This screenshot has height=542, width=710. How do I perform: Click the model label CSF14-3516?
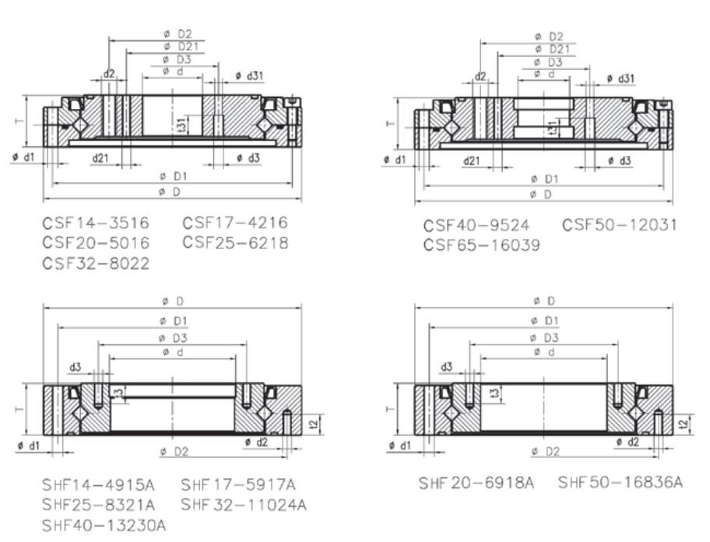[x=96, y=223]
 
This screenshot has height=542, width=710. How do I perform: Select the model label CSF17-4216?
[x=235, y=222]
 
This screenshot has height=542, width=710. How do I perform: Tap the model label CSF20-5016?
[x=96, y=243]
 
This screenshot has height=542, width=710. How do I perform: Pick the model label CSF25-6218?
[x=235, y=243]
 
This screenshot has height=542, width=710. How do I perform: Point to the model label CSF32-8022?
[x=96, y=263]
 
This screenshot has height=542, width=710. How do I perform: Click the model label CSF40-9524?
[x=476, y=225]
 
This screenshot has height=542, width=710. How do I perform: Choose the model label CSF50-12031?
[x=620, y=224]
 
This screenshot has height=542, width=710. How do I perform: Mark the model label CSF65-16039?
[x=482, y=245]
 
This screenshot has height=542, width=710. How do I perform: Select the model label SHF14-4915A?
[x=98, y=485]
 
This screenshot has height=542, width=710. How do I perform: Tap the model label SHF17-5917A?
[x=238, y=485]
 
